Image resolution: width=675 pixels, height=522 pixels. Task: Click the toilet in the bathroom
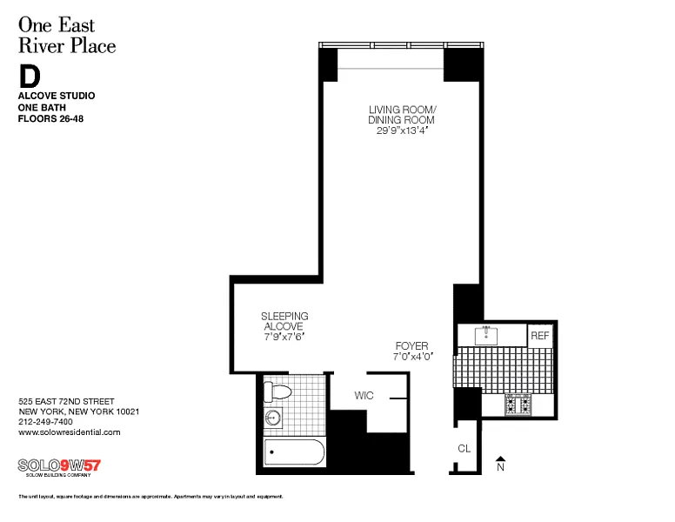(x=277, y=391)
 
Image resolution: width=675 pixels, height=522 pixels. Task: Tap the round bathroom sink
(x=273, y=418)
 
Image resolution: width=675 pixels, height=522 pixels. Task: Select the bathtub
(x=294, y=452)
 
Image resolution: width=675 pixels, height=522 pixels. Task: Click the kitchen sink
(x=486, y=336)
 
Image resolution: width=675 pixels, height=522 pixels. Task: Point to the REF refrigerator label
(x=540, y=336)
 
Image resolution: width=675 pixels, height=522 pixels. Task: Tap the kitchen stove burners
(x=518, y=405)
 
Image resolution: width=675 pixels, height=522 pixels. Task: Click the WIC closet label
(x=364, y=395)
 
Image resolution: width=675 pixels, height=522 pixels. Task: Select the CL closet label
(x=464, y=449)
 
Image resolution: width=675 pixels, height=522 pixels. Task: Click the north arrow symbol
(x=500, y=459)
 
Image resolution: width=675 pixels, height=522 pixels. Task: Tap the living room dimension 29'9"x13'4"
(x=402, y=130)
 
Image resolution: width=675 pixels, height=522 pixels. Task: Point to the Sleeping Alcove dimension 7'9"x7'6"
(x=284, y=337)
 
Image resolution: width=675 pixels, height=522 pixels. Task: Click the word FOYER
(x=412, y=346)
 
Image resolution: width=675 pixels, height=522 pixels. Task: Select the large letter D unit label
(x=30, y=77)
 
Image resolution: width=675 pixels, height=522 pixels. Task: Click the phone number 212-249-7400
(x=45, y=422)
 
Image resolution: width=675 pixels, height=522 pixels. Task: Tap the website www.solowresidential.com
(x=70, y=432)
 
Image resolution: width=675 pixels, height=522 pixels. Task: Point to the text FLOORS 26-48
(x=50, y=118)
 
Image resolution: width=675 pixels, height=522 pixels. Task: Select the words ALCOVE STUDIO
(x=57, y=96)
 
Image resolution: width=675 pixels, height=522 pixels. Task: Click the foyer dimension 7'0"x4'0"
(x=413, y=357)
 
